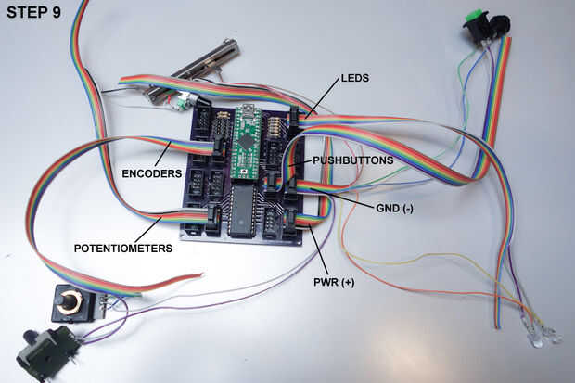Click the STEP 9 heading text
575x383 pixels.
tap(33, 12)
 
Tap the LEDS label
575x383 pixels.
tap(355, 78)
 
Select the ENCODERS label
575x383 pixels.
tap(152, 173)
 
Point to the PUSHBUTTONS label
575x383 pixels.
tap(352, 160)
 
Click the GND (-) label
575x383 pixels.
tap(394, 209)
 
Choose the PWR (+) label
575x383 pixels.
tap(334, 283)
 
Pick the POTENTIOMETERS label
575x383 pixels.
tap(123, 249)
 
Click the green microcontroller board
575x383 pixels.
tap(248, 142)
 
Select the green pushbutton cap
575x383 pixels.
tap(476, 16)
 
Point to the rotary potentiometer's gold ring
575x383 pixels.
tap(70, 301)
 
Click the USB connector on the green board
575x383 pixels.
tap(249, 109)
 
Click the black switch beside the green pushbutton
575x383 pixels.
tap(500, 26)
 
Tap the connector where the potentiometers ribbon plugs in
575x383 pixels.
tap(213, 218)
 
